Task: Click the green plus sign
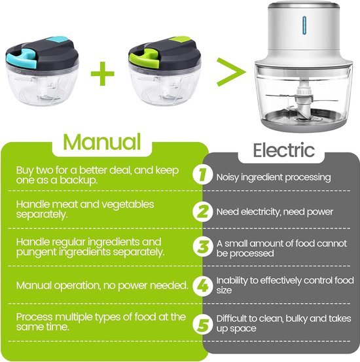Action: click(103, 73)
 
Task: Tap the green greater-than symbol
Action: click(231, 72)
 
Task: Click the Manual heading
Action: click(102, 142)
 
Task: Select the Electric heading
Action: click(284, 151)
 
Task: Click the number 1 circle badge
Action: click(202, 175)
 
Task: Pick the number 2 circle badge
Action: click(202, 212)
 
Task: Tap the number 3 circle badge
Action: click(202, 247)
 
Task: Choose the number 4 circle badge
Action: click(202, 286)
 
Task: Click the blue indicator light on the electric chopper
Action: click(304, 26)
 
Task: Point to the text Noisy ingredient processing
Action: click(274, 177)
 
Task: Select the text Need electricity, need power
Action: click(274, 211)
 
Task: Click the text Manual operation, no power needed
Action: click(102, 285)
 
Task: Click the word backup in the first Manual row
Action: click(78, 180)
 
